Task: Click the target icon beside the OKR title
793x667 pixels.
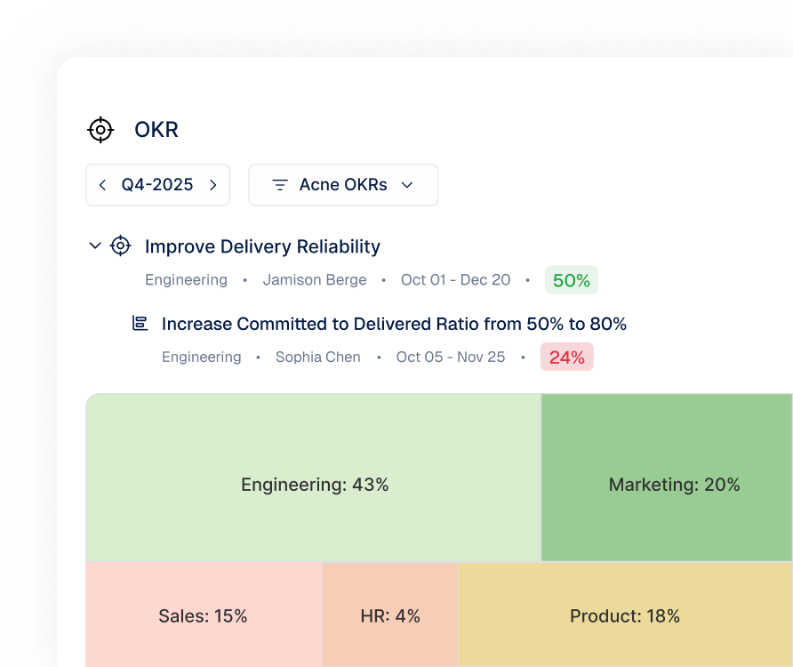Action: [100, 130]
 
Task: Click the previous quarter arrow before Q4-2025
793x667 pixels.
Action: [102, 185]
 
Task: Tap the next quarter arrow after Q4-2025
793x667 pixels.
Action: [212, 185]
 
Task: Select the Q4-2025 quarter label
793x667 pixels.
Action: [157, 185]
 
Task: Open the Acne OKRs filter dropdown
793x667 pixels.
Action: [343, 185]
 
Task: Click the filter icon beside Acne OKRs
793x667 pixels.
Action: [280, 185]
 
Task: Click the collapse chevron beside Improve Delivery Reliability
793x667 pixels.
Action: [95, 246]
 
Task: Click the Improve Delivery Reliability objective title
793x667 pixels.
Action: [262, 246]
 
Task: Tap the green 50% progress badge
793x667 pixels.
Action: [572, 280]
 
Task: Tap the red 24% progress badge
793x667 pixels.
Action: [567, 357]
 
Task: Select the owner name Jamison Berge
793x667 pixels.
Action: [315, 280]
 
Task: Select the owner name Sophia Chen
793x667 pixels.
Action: [318, 357]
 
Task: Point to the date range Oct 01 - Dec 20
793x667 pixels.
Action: [456, 280]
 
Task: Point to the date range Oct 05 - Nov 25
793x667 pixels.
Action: [451, 357]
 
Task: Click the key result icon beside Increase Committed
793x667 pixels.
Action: [140, 323]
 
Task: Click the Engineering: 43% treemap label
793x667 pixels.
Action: [315, 485]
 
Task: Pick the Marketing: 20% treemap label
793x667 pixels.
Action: [674, 485]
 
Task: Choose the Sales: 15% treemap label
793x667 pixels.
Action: [203, 616]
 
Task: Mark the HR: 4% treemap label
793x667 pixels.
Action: [390, 616]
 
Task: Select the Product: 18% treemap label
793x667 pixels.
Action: [625, 616]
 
